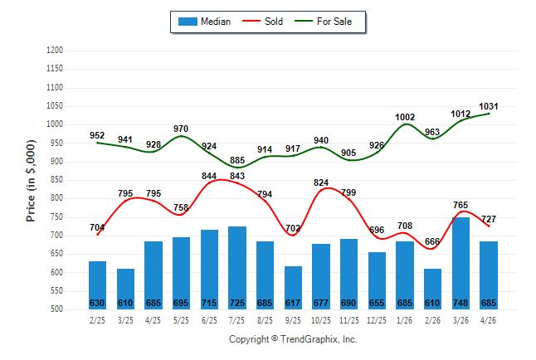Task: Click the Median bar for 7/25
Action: [237, 268]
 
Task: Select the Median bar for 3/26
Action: [460, 263]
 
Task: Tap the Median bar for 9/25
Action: [293, 288]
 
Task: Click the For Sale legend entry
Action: [323, 22]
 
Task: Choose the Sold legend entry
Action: [262, 22]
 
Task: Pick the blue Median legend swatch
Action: [188, 22]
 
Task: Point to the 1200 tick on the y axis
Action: [55, 51]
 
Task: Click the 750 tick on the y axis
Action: [55, 217]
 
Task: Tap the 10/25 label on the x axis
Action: [320, 320]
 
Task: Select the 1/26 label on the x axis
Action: [404, 320]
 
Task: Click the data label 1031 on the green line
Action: [489, 106]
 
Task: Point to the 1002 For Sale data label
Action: [405, 117]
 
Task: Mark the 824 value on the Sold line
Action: [321, 182]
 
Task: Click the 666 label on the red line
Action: [432, 241]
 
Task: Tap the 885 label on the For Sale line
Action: [237, 160]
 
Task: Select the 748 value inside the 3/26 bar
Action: [460, 303]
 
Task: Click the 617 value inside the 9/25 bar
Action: [293, 303]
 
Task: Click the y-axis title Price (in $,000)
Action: [31, 181]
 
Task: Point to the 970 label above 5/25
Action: [181, 129]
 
